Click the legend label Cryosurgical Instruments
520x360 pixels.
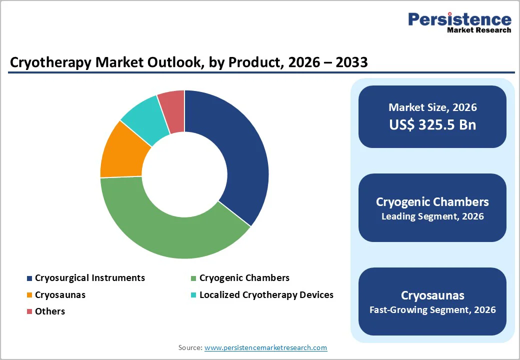click(x=90, y=278)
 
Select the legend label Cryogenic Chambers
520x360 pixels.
click(x=244, y=278)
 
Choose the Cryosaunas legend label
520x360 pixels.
click(x=60, y=295)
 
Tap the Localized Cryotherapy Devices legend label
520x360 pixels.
click(x=266, y=295)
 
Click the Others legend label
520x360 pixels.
click(x=50, y=311)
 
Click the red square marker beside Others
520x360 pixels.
click(x=29, y=311)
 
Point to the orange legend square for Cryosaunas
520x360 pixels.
click(x=29, y=295)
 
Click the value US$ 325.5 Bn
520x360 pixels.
click(x=432, y=125)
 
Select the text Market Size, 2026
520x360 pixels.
click(x=432, y=107)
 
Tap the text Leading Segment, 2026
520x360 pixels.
click(x=432, y=216)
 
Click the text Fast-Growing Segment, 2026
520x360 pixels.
click(x=432, y=310)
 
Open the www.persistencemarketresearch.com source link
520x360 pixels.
click(x=265, y=347)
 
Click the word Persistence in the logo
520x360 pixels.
click(x=459, y=19)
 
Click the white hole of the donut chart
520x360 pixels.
click(x=184, y=175)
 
